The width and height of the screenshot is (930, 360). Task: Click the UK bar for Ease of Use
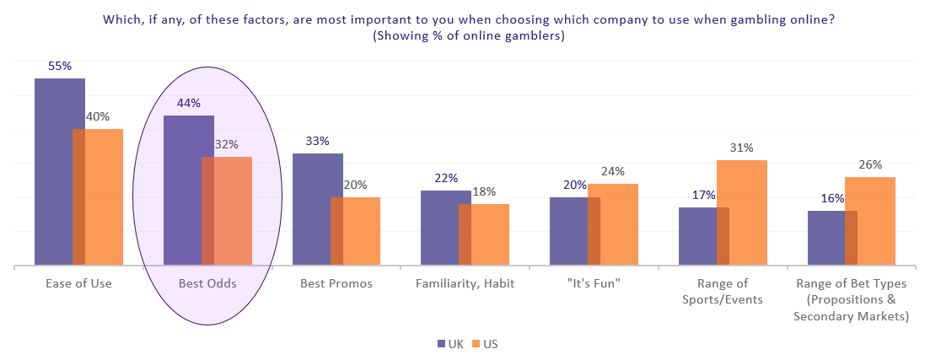click(59, 171)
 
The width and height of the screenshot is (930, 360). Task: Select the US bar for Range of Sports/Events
click(742, 212)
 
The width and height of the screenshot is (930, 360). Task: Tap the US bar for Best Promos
click(355, 231)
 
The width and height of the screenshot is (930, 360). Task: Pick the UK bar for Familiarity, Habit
click(445, 228)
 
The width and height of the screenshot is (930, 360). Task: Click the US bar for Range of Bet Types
click(870, 221)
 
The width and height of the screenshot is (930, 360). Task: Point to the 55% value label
click(60, 67)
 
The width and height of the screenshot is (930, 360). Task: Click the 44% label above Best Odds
click(189, 103)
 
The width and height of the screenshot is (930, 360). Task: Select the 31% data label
click(741, 148)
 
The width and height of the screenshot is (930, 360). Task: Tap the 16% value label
click(832, 198)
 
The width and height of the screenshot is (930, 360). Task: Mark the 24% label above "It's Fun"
click(613, 171)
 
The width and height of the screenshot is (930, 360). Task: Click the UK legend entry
click(451, 343)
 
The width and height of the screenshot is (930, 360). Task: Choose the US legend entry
click(485, 343)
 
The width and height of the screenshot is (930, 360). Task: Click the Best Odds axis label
click(207, 283)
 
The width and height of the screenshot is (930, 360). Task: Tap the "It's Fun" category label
click(594, 283)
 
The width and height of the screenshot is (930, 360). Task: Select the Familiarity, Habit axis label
click(465, 283)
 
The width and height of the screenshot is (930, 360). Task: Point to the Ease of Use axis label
click(79, 283)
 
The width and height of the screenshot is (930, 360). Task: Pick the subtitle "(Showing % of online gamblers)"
click(469, 36)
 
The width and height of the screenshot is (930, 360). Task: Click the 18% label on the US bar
click(484, 191)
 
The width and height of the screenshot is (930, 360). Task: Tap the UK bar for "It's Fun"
click(575, 231)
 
